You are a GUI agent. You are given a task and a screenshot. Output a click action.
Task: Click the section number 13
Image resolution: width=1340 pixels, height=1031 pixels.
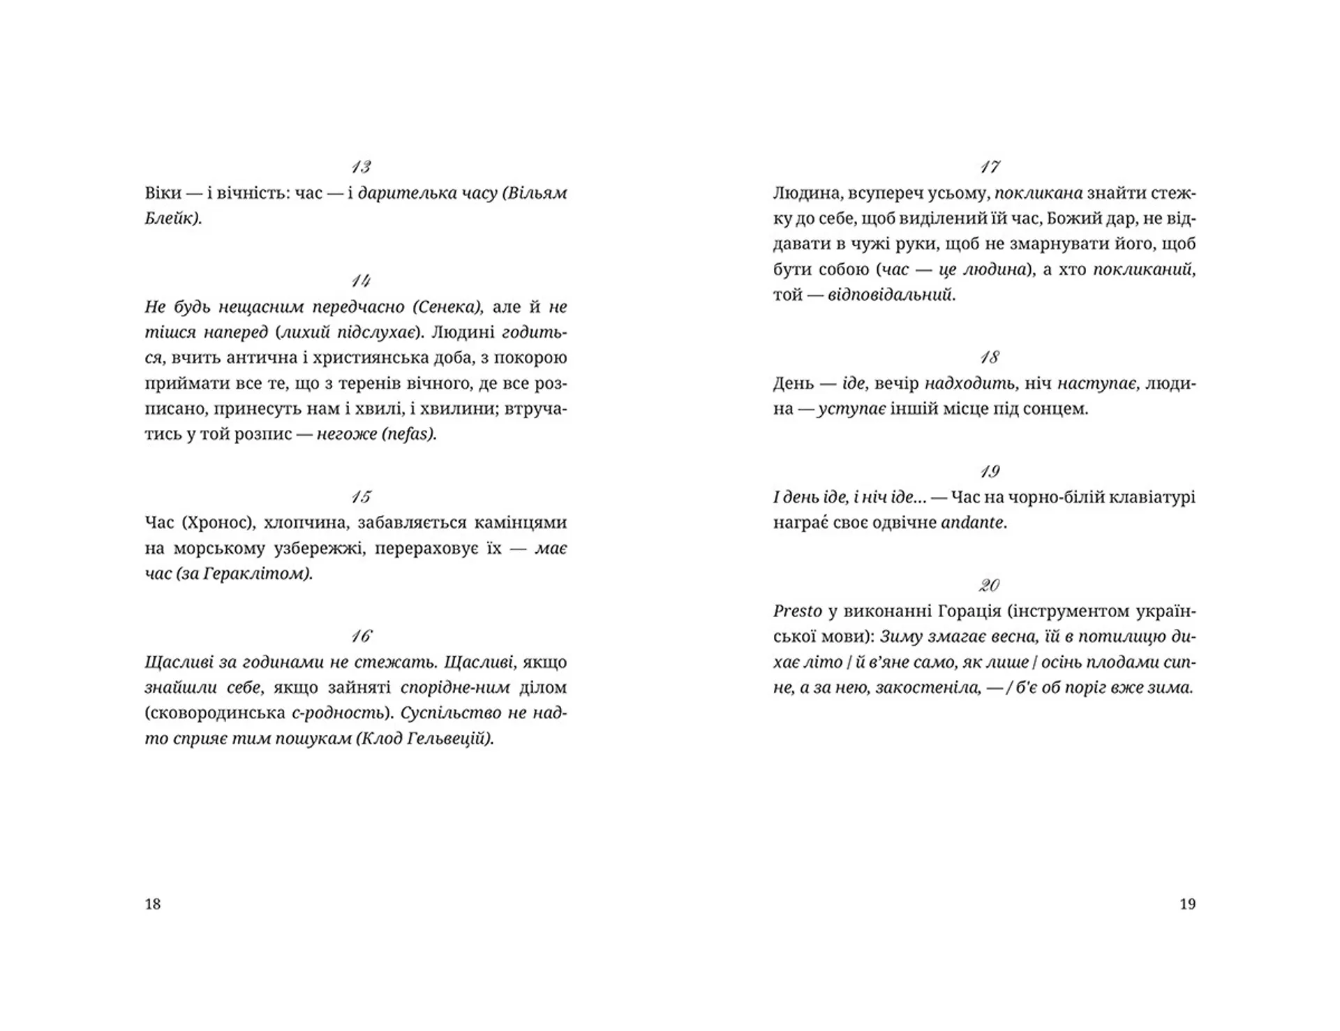pos(361,167)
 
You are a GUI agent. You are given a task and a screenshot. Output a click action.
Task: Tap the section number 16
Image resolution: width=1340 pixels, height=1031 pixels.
pos(361,636)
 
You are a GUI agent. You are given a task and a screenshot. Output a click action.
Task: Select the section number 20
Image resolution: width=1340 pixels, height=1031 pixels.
pos(989,585)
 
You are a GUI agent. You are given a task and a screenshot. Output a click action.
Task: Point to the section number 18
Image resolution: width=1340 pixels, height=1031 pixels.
pos(989,357)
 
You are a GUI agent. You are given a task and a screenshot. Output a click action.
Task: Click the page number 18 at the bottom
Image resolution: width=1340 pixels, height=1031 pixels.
pos(153,904)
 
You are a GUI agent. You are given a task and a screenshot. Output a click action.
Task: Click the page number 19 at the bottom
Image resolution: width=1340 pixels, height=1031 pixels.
pos(1187,904)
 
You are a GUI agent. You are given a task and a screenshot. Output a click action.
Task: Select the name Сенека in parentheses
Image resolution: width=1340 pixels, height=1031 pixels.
pos(447,307)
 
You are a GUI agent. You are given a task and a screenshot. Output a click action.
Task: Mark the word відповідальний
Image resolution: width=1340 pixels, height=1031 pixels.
pos(889,295)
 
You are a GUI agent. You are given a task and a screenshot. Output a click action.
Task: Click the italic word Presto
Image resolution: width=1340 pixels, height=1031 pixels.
pos(797,611)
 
